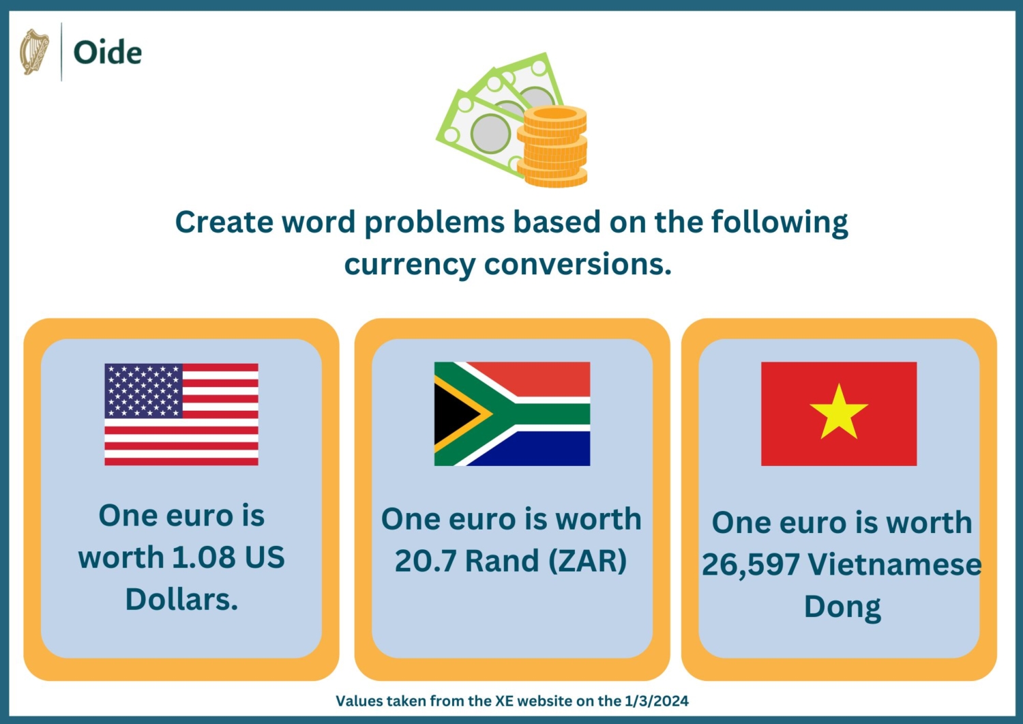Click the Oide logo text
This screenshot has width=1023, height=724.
(x=108, y=53)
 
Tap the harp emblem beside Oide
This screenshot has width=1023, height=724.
(x=34, y=52)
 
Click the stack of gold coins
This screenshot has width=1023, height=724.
(x=552, y=147)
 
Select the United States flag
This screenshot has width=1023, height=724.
(x=181, y=414)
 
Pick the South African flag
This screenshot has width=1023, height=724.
(x=512, y=414)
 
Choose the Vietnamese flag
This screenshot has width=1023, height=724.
(x=839, y=414)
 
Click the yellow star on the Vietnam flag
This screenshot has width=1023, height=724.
(x=839, y=412)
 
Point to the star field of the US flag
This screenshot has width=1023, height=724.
(x=143, y=390)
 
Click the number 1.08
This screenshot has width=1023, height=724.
(x=203, y=558)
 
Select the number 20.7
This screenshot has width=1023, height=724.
(x=426, y=562)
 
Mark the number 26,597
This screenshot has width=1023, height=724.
(x=750, y=565)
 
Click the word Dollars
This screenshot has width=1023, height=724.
(x=181, y=600)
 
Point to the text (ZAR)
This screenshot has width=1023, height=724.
(x=587, y=562)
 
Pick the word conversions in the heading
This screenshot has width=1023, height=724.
(x=578, y=264)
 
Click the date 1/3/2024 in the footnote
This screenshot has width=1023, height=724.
(x=656, y=701)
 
